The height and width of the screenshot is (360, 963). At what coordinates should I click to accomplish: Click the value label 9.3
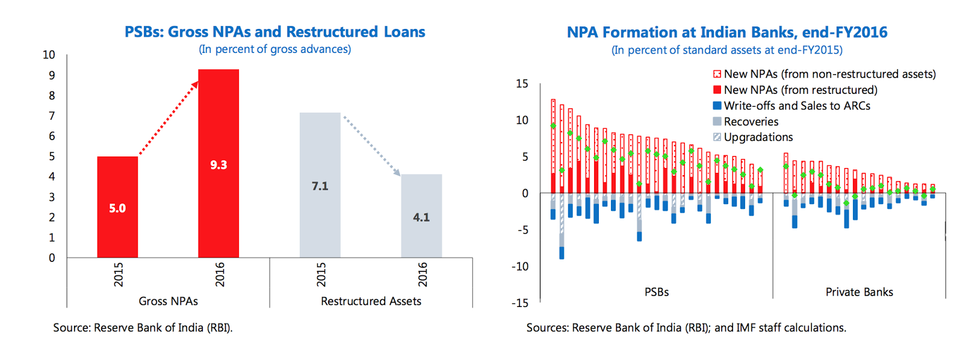click(x=218, y=165)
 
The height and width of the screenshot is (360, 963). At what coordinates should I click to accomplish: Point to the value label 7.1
click(x=320, y=186)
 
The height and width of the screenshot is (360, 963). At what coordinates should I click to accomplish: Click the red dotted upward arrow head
click(x=194, y=84)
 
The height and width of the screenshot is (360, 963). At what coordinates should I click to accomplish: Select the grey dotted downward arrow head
click(x=397, y=173)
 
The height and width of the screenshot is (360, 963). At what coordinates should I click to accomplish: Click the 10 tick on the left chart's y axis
click(x=49, y=55)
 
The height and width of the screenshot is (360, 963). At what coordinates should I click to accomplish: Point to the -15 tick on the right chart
click(x=520, y=303)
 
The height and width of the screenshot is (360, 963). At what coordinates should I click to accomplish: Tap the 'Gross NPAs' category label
click(x=168, y=301)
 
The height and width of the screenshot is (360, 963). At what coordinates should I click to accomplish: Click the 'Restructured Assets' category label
click(x=371, y=301)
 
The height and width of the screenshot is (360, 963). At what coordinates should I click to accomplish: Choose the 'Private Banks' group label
click(x=859, y=292)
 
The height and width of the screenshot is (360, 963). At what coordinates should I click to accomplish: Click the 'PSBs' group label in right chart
click(x=657, y=292)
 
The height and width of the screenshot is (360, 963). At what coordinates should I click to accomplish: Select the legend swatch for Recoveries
click(x=717, y=122)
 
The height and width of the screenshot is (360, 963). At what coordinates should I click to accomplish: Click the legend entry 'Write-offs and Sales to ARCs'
click(x=796, y=106)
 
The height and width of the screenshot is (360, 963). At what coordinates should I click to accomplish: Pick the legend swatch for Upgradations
click(x=717, y=137)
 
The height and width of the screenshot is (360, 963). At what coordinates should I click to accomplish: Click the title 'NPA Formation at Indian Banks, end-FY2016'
click(x=727, y=32)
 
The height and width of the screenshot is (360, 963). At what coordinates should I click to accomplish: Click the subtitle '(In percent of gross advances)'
click(x=275, y=49)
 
